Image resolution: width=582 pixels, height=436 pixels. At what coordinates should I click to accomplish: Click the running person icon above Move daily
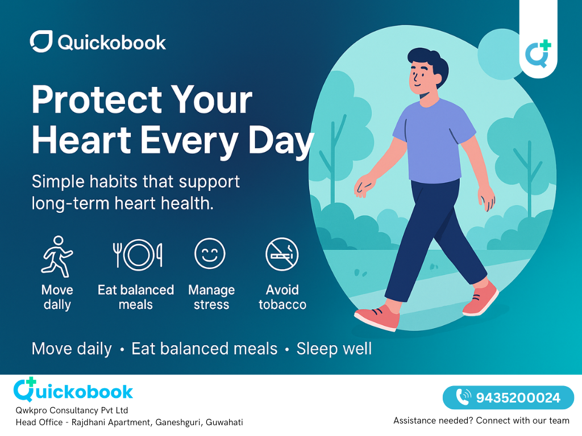(57, 256)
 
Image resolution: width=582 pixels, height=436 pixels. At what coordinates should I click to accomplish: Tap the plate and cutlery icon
(138, 254)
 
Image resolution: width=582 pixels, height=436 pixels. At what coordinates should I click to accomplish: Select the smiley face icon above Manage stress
(210, 254)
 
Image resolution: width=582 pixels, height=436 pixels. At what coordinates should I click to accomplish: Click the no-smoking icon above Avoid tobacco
(282, 254)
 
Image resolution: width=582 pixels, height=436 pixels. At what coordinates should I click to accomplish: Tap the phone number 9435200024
(518, 397)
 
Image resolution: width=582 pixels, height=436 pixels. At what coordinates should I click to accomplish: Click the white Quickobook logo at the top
(98, 42)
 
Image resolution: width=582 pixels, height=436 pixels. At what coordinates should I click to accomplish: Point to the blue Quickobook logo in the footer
(73, 391)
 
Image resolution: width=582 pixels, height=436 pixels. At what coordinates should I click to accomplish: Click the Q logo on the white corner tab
(538, 54)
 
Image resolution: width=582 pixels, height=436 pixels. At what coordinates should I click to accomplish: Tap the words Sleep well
(334, 349)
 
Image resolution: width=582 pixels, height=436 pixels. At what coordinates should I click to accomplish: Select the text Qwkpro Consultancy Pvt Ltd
(72, 410)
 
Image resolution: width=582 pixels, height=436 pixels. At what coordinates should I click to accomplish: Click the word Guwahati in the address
(225, 422)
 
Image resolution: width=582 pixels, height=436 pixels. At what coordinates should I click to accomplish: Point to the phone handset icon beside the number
(464, 397)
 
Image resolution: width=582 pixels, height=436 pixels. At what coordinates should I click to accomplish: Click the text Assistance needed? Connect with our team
(481, 421)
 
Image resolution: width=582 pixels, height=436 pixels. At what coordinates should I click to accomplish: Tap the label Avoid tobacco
(282, 297)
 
